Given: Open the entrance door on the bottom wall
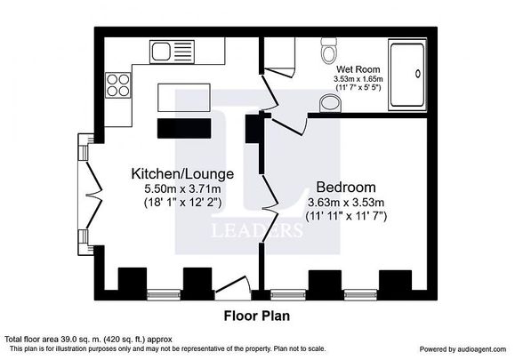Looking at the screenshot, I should coord(229,286).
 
